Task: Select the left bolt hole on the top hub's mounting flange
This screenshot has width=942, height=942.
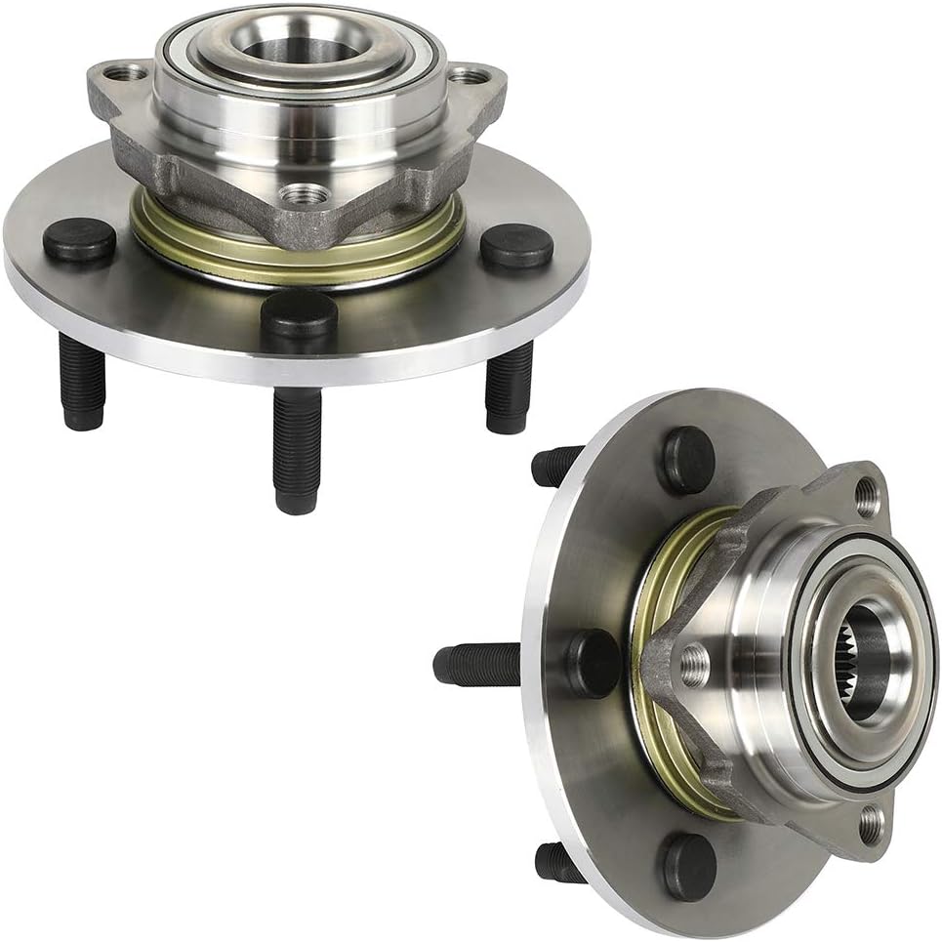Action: coord(118,72)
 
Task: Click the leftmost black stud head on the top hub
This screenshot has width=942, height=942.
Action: coord(78,240)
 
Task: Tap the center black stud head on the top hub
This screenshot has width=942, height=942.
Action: coord(300,314)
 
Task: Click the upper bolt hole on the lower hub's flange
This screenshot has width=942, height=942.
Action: coord(868,497)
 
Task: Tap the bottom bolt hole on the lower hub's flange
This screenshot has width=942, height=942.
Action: coord(872,825)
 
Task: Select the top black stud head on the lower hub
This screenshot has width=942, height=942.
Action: coord(688,460)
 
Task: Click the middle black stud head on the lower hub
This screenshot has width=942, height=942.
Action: coord(593,664)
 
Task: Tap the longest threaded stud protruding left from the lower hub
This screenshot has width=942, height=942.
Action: coord(478,665)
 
